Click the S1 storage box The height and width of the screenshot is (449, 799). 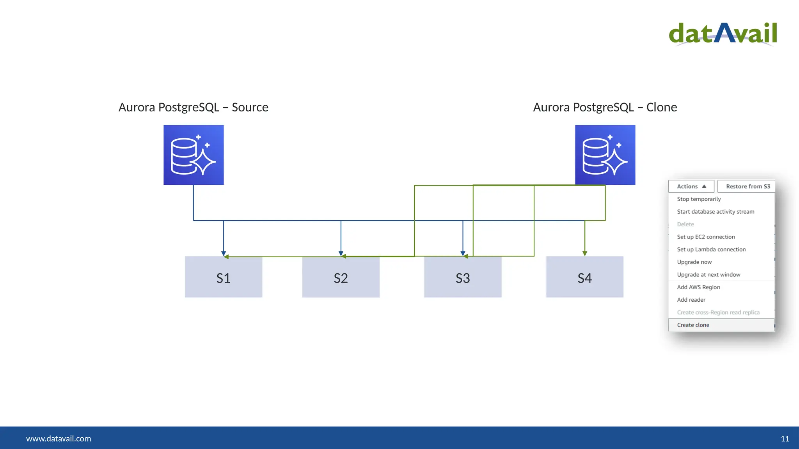pyautogui.click(x=224, y=277)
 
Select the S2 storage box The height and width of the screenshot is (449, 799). pyautogui.click(x=341, y=277)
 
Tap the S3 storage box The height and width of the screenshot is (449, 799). pyautogui.click(x=463, y=277)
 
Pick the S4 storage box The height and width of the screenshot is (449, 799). pyautogui.click(x=584, y=277)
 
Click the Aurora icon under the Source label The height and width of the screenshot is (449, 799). pyautogui.click(x=194, y=155)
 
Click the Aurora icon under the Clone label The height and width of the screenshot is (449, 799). pyautogui.click(x=605, y=155)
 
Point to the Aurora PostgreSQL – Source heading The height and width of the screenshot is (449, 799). pyautogui.click(x=194, y=107)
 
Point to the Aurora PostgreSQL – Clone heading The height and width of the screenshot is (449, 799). pyautogui.click(x=605, y=107)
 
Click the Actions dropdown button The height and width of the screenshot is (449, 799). pyautogui.click(x=691, y=186)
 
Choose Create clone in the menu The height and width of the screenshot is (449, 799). pyautogui.click(x=693, y=325)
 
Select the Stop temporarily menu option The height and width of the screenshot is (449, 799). pyautogui.click(x=699, y=199)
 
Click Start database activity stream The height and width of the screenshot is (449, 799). pyautogui.click(x=716, y=212)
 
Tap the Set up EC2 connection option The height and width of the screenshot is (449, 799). pyautogui.click(x=706, y=237)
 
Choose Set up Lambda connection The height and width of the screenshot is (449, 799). pyautogui.click(x=711, y=249)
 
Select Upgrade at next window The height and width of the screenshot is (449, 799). pyautogui.click(x=708, y=275)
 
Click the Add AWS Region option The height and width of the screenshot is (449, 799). pyautogui.click(x=698, y=287)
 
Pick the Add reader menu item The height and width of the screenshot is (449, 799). pyautogui.click(x=691, y=300)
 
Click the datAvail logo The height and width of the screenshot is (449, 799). pyautogui.click(x=723, y=34)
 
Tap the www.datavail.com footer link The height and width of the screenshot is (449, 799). pyautogui.click(x=59, y=438)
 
